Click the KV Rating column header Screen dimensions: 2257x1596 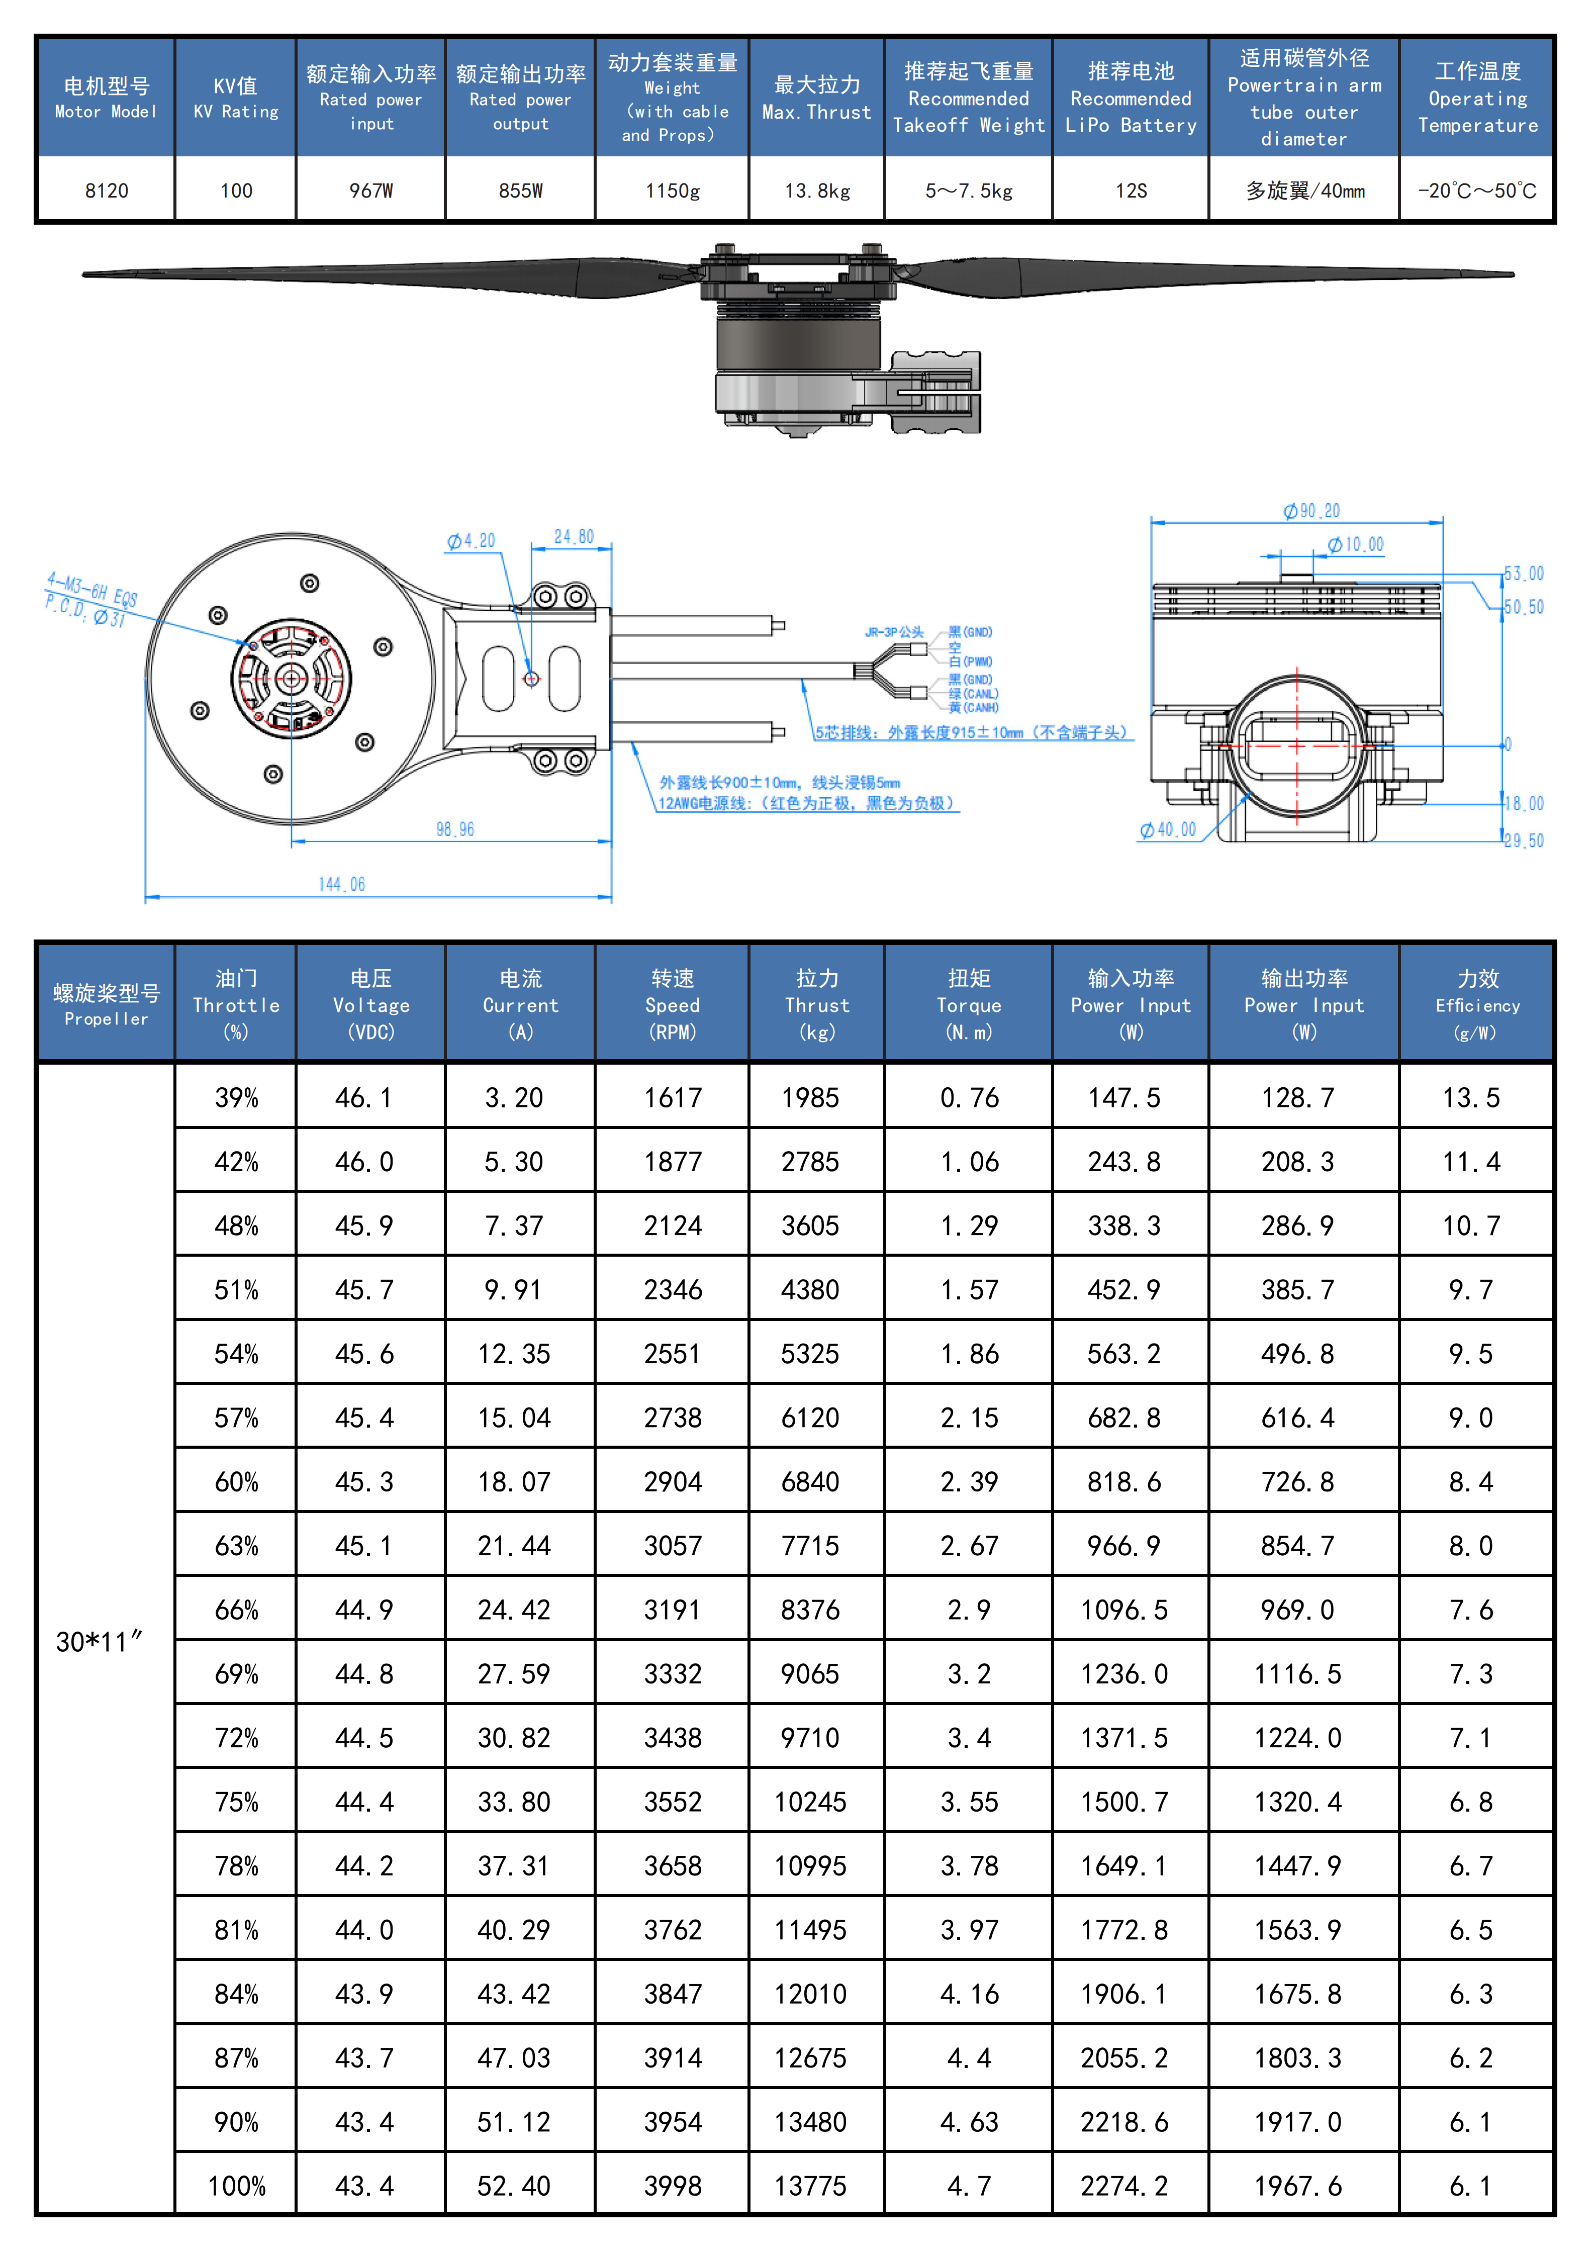(236, 98)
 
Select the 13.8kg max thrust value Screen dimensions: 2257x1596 (817, 191)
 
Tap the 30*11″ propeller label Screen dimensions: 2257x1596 (99, 1642)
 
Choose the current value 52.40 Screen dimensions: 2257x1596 (514, 2185)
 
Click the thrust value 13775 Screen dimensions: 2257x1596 (811, 2185)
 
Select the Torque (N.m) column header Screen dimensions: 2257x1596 (969, 1004)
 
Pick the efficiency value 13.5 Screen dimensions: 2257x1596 (1471, 1097)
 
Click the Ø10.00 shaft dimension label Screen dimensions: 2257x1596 (1355, 544)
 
